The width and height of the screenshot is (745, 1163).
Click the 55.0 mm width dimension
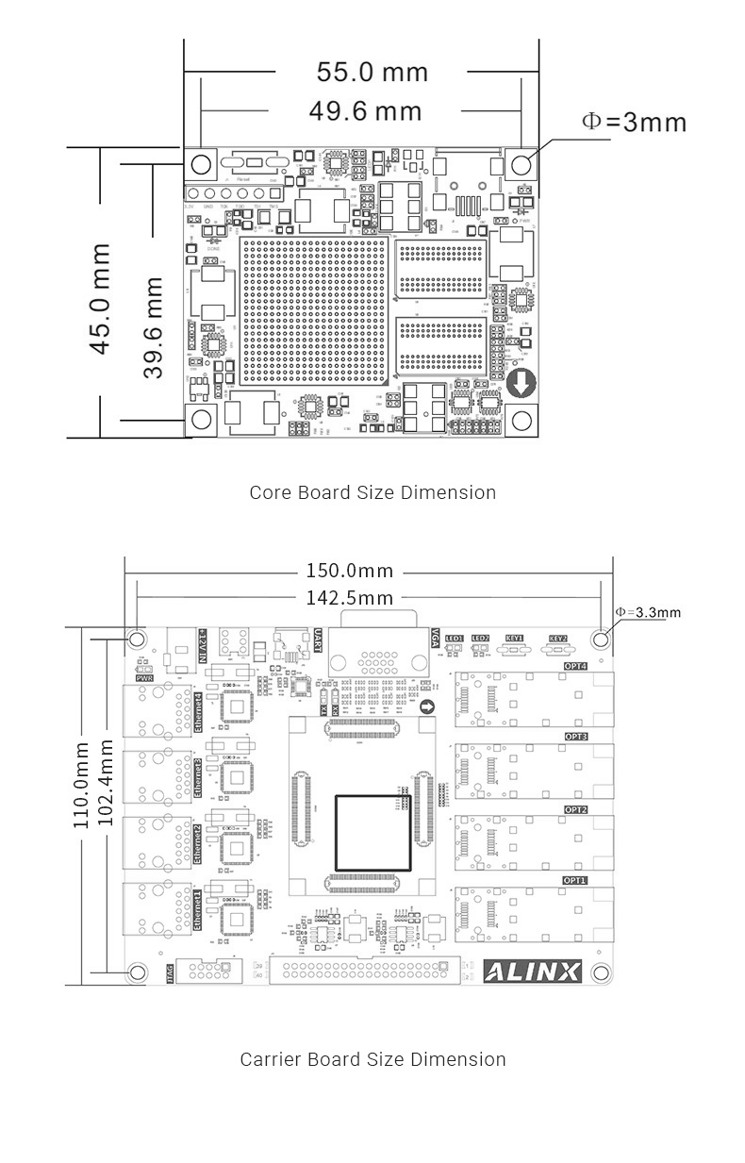(372, 73)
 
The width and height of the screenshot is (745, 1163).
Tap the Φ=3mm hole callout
(633, 123)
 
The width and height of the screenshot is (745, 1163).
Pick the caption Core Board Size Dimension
(372, 492)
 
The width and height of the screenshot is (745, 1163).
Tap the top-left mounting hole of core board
(200, 164)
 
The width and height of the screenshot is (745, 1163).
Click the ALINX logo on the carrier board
(532, 971)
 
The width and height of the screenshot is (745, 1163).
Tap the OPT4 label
(575, 666)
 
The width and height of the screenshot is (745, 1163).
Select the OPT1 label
(575, 880)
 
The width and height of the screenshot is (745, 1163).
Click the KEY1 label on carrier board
(514, 638)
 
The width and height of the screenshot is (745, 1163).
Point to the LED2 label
(480, 638)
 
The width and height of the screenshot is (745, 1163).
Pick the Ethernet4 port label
(198, 712)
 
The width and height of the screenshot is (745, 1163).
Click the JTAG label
(170, 972)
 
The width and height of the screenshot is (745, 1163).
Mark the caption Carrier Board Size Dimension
(372, 1059)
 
